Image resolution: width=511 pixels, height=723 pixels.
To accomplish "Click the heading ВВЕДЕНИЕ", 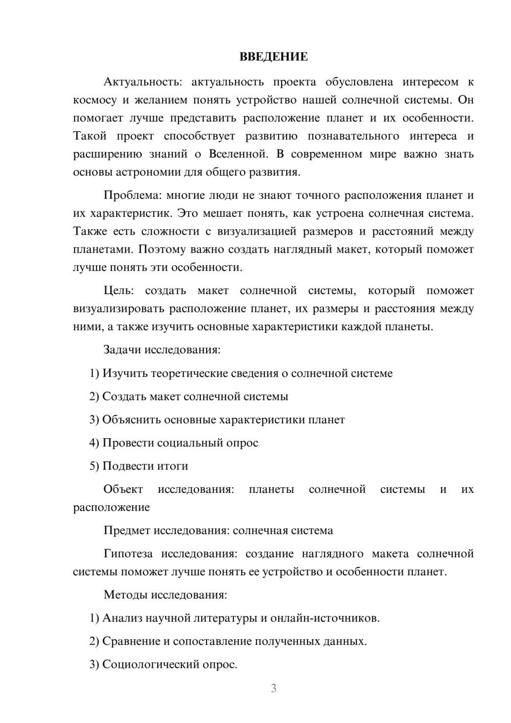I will [x=273, y=57].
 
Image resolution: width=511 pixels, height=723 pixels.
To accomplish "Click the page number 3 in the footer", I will [x=273, y=688].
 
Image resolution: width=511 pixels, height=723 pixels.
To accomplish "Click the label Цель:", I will [x=119, y=290].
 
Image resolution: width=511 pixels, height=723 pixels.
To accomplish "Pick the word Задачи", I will [x=122, y=350].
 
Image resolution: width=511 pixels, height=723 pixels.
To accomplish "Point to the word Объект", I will [x=123, y=489].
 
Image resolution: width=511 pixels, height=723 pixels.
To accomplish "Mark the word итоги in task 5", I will [x=173, y=466].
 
